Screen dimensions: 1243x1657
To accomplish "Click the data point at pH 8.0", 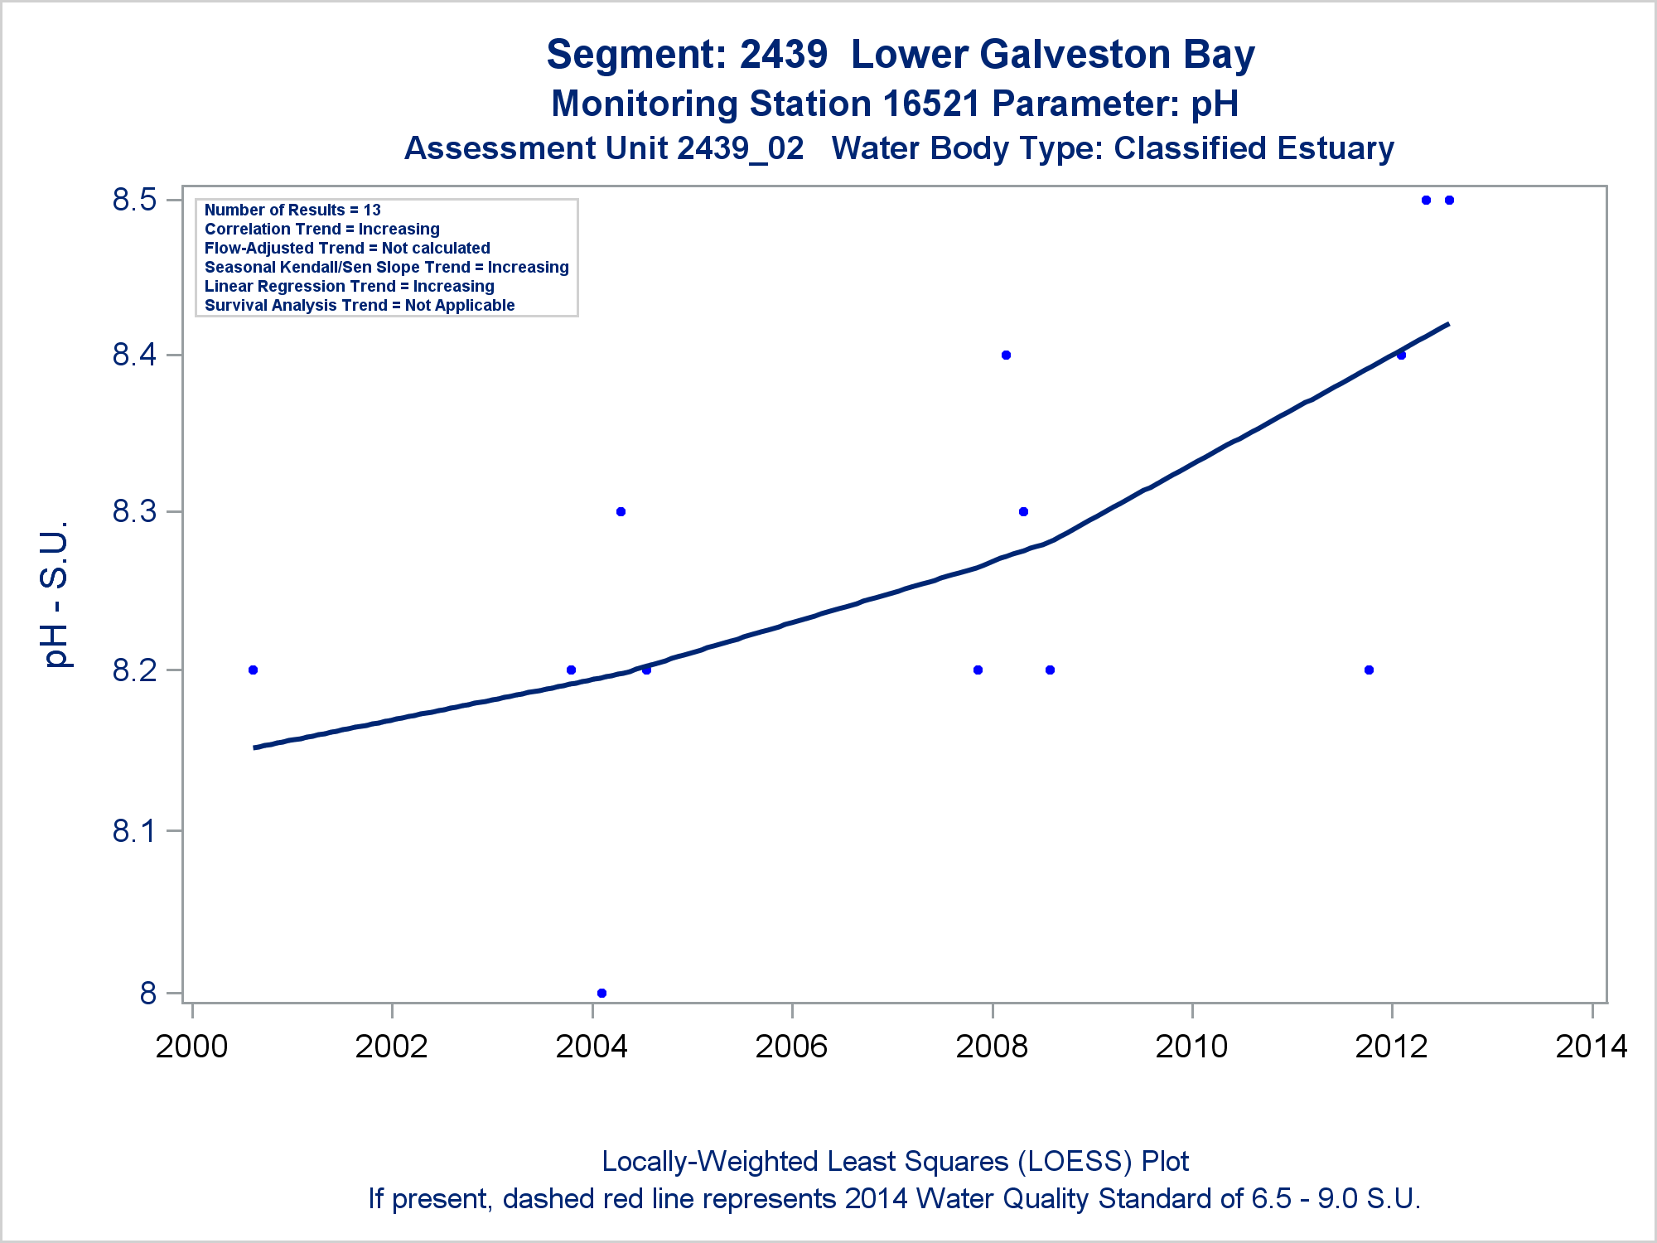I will tap(601, 993).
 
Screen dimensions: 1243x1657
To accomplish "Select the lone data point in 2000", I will tap(253, 670).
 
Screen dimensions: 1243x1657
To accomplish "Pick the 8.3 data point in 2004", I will tap(621, 511).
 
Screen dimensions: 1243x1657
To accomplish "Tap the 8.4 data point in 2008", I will tap(1006, 355).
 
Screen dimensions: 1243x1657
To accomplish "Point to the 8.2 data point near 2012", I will tap(1369, 670).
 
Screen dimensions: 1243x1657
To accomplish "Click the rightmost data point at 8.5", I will tap(1449, 200).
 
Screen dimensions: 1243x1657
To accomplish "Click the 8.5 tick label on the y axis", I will tap(135, 200).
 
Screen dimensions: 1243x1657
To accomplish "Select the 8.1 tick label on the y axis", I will tap(135, 830).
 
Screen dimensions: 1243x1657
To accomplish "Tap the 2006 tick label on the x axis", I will tap(791, 1047).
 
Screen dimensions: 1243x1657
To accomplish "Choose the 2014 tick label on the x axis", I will tap(1592, 1047).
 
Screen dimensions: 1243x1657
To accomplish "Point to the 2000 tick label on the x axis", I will tap(191, 1047).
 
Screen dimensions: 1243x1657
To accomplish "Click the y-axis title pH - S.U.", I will tap(56, 594).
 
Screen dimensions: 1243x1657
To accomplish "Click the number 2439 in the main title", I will tap(783, 55).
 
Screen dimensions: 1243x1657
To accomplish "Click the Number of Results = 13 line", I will tap(292, 210).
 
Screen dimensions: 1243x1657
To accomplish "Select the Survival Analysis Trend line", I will tap(360, 305).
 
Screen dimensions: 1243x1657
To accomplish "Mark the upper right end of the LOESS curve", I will tap(1447, 324).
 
